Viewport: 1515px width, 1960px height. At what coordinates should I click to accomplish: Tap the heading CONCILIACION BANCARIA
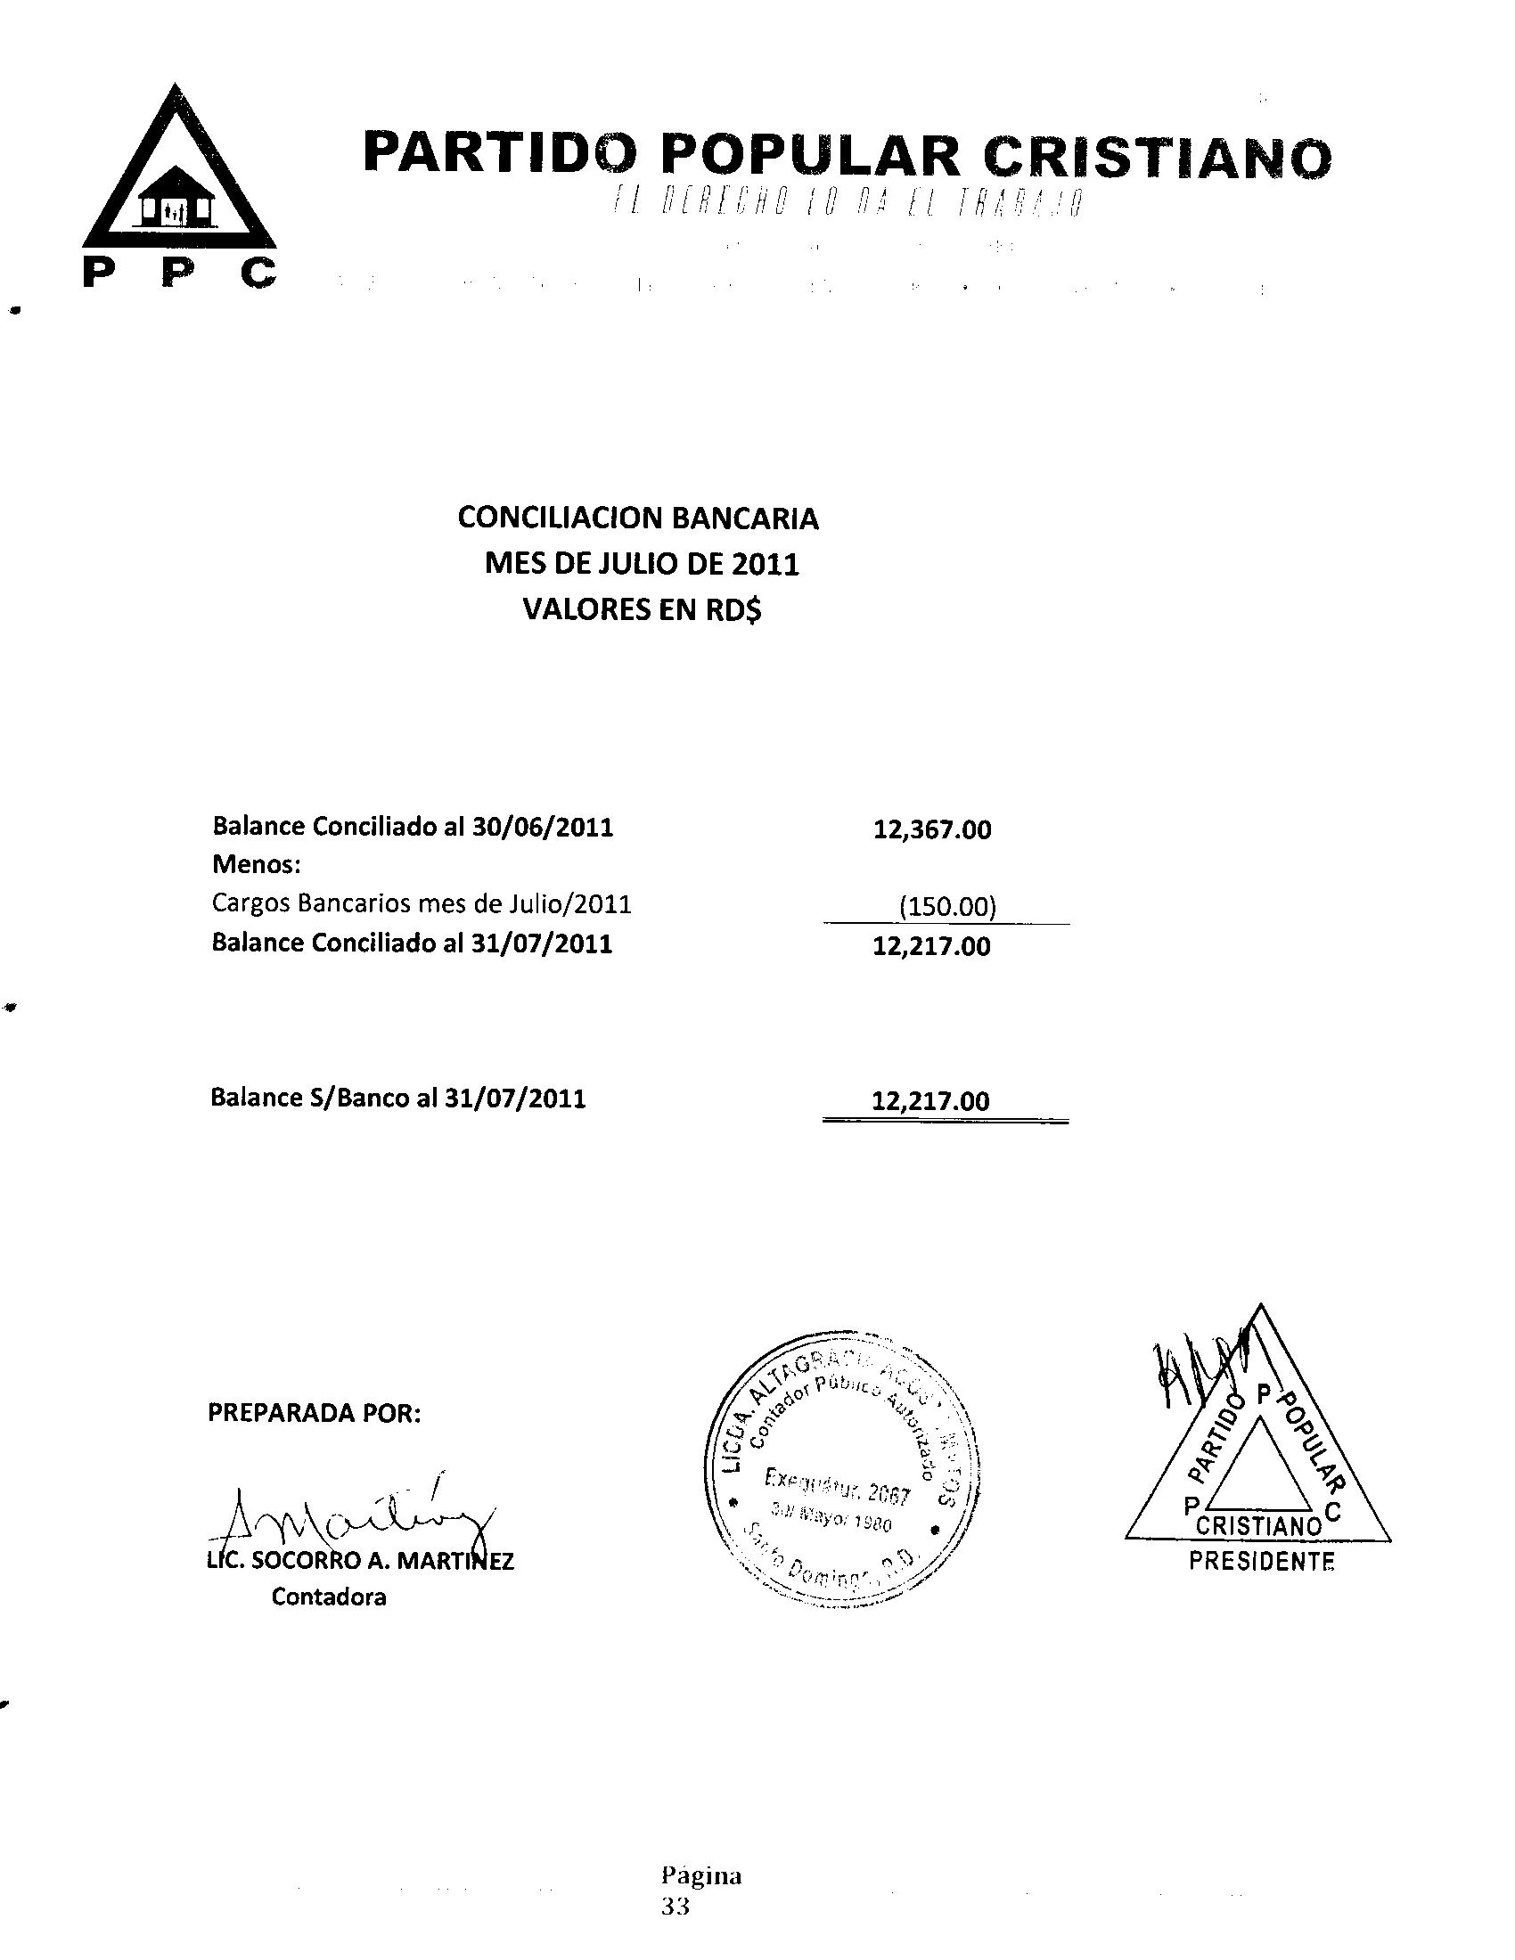coord(637,518)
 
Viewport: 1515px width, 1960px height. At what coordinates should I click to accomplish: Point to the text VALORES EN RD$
coord(642,609)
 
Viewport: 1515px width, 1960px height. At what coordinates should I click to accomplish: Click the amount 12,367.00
coord(932,829)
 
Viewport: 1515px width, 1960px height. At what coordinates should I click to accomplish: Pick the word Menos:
coord(256,865)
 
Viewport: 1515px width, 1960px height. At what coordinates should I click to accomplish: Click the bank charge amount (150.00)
coord(946,907)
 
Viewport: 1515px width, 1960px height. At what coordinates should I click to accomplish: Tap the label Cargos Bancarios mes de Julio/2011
coord(422,902)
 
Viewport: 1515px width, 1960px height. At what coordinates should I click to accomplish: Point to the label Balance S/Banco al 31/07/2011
coord(397,1098)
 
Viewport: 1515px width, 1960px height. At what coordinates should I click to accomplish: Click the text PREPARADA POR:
coord(314,1413)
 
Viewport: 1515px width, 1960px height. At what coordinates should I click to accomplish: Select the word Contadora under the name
coord(329,1597)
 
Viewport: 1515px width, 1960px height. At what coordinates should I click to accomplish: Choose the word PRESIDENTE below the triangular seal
coord(1261,1562)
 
